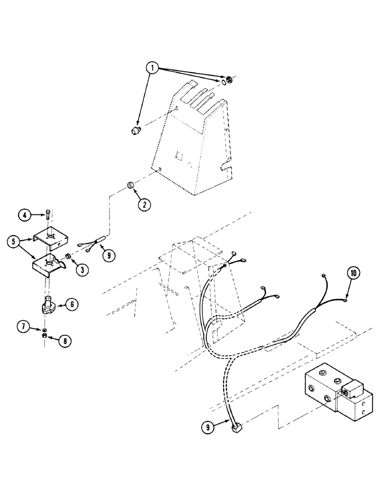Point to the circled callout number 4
click(x=25, y=215)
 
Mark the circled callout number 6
click(x=72, y=305)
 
